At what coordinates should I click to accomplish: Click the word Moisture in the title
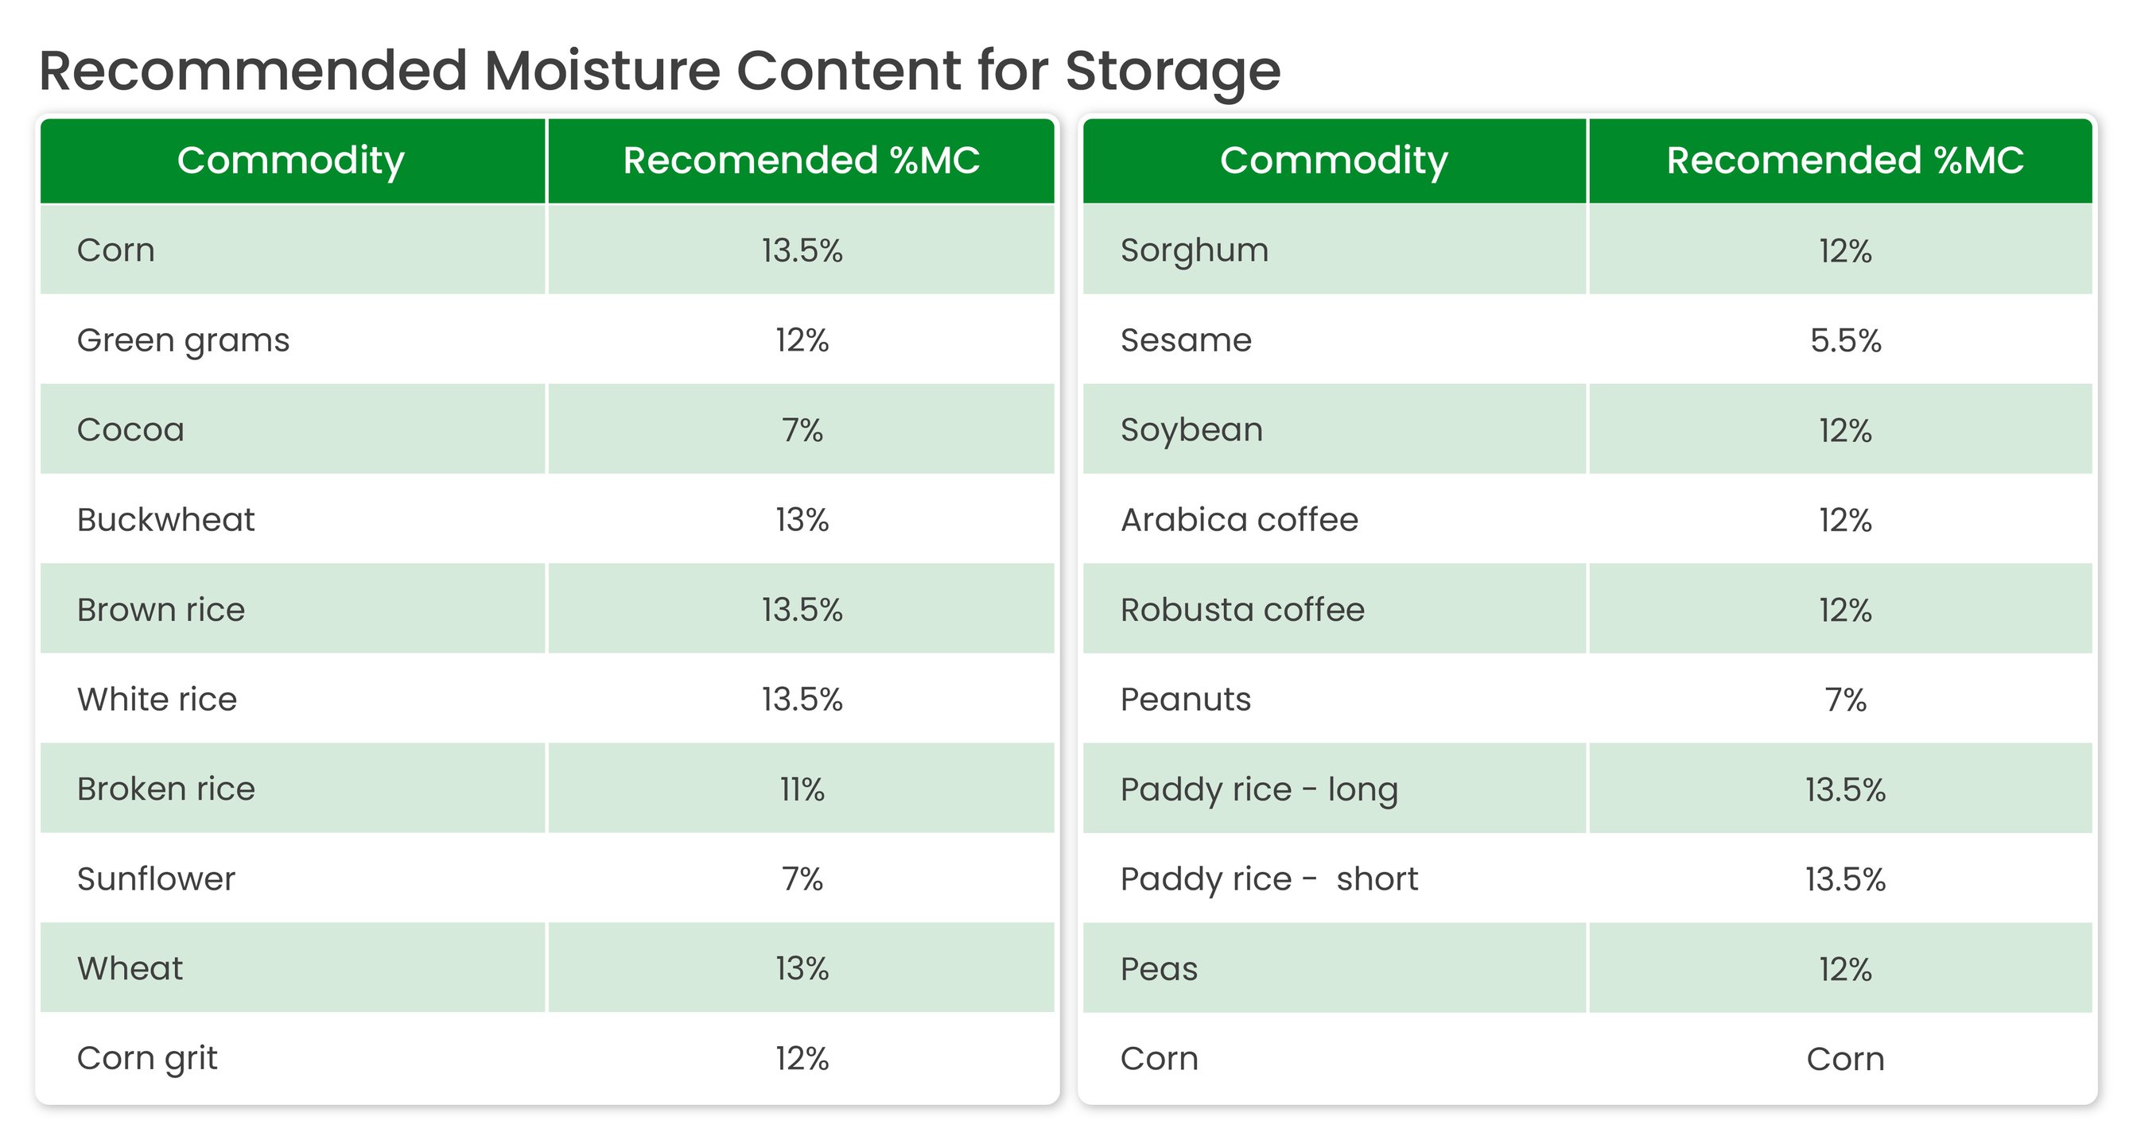pyautogui.click(x=602, y=71)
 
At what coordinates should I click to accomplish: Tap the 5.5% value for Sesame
pyautogui.click(x=1846, y=340)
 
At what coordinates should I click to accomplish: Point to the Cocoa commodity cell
pyautogui.click(x=131, y=429)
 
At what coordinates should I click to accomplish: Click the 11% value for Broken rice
pyautogui.click(x=802, y=789)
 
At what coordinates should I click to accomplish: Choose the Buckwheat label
pyautogui.click(x=165, y=519)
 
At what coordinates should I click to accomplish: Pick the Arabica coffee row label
pyautogui.click(x=1239, y=519)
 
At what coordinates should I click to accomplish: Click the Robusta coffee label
pyautogui.click(x=1242, y=609)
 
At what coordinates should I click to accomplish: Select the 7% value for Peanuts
pyautogui.click(x=1846, y=700)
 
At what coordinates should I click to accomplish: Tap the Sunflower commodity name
pyautogui.click(x=156, y=878)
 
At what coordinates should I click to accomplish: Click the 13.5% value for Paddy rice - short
pyautogui.click(x=1846, y=879)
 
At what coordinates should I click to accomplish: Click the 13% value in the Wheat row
pyautogui.click(x=802, y=968)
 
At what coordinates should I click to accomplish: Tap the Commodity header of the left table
pyautogui.click(x=290, y=161)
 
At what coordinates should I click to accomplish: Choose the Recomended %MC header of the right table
pyautogui.click(x=1845, y=160)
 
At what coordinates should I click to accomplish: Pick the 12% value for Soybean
pyautogui.click(x=1846, y=431)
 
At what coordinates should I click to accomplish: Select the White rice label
pyautogui.click(x=157, y=700)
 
